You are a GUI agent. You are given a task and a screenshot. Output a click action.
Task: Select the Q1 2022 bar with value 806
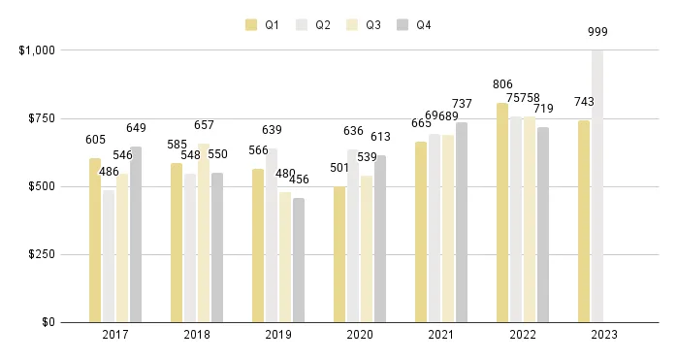point(502,213)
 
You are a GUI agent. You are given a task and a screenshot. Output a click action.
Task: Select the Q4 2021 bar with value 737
point(462,222)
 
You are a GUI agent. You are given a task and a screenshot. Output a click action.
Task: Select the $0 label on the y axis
point(47,322)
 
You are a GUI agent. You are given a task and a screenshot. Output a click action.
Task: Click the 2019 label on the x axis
point(278,335)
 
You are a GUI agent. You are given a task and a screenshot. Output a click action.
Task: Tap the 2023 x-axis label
point(603,335)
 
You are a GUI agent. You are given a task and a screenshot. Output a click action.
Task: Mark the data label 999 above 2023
point(598,32)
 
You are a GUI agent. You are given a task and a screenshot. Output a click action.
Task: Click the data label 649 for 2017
point(136,128)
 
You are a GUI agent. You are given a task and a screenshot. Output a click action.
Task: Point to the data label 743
point(584,102)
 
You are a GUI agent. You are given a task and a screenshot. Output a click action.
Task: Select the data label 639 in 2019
point(272,130)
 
